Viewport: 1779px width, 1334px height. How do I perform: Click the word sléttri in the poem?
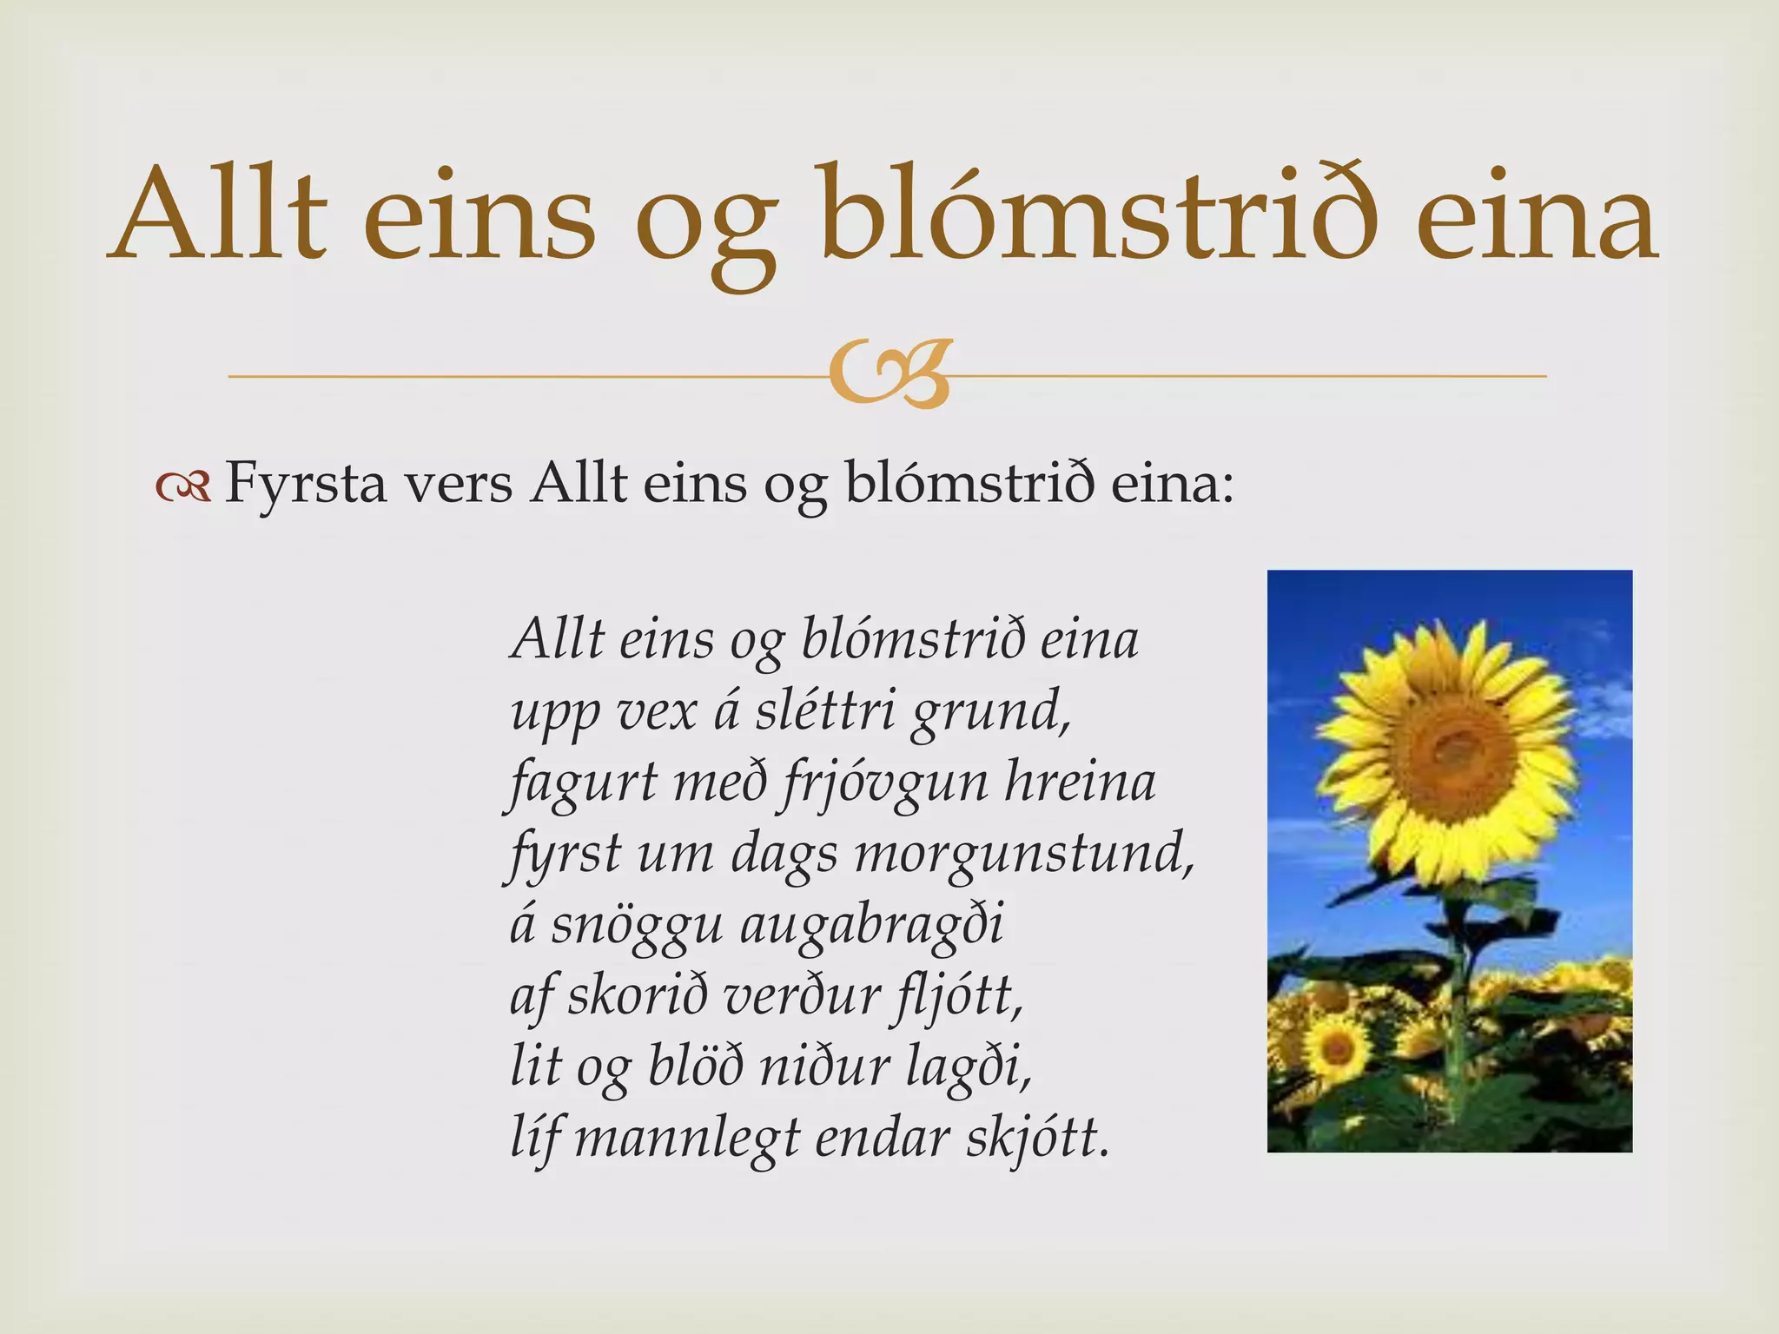pos(824,711)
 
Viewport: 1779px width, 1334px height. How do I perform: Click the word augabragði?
pos(871,926)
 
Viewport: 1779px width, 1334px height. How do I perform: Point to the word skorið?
pos(638,995)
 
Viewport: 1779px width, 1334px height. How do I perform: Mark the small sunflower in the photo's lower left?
pos(1337,1052)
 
